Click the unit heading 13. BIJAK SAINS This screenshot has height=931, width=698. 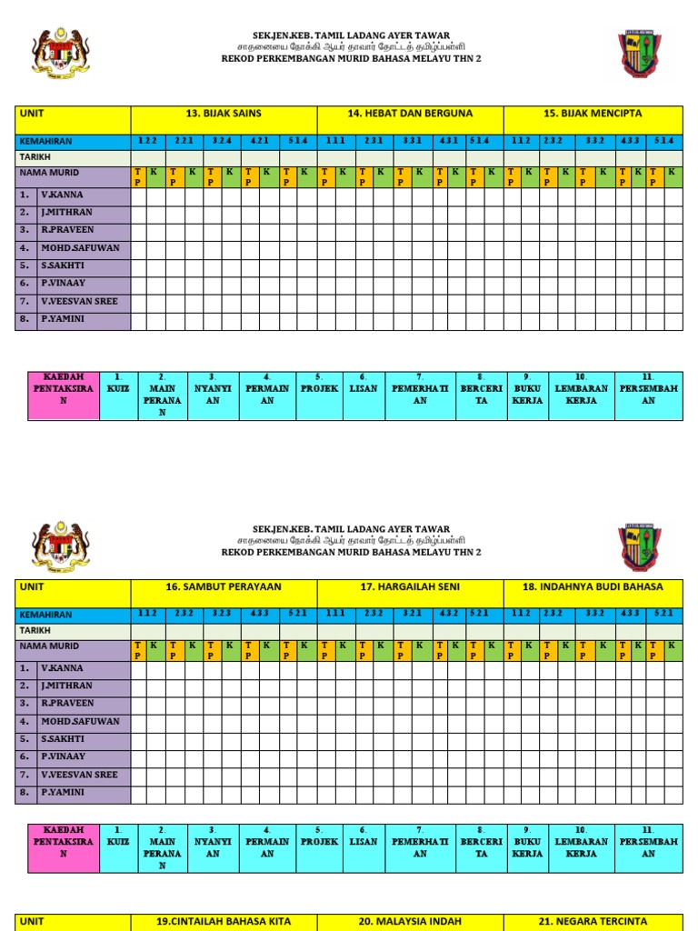[x=224, y=114]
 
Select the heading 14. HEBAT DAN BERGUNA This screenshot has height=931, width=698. [x=410, y=114]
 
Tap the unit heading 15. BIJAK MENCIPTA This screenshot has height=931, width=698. [x=593, y=114]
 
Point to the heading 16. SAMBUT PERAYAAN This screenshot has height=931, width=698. [x=224, y=587]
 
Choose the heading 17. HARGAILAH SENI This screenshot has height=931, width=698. [x=410, y=587]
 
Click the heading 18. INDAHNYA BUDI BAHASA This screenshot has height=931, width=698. [x=593, y=587]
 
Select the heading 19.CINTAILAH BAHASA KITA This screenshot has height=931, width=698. [x=224, y=921]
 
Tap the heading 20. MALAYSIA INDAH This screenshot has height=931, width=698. [x=410, y=921]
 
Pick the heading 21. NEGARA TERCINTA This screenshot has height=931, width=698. [x=593, y=921]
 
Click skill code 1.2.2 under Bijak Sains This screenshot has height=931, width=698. [x=147, y=141]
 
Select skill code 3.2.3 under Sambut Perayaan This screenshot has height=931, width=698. [x=222, y=614]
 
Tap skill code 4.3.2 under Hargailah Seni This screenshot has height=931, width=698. [x=448, y=614]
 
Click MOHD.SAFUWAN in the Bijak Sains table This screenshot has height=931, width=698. [x=80, y=248]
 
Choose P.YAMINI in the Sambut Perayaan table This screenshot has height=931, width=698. [x=61, y=793]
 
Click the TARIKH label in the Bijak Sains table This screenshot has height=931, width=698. [x=35, y=157]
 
